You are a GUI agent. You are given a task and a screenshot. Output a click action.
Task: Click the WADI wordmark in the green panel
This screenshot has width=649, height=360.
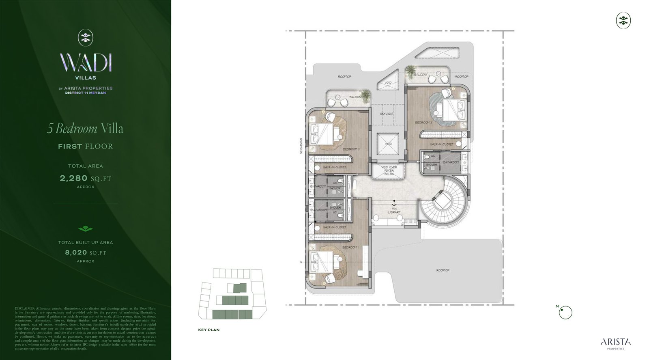(x=86, y=63)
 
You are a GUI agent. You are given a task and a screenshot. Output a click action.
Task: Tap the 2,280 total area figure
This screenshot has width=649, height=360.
(x=74, y=178)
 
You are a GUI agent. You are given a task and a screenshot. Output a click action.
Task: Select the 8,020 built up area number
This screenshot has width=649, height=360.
(x=76, y=252)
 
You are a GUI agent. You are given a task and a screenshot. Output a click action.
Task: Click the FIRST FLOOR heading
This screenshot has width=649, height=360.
(x=85, y=146)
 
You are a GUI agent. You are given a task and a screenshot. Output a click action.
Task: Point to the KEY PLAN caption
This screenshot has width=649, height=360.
(x=209, y=330)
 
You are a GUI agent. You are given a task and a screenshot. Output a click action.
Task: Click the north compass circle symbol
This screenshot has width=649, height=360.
(x=565, y=313)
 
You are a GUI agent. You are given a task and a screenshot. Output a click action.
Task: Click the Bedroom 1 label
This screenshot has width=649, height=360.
(x=350, y=247)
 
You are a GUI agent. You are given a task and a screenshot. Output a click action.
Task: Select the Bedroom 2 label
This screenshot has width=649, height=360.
(x=351, y=149)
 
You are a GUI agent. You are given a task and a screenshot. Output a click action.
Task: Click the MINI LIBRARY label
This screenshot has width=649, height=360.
(x=394, y=210)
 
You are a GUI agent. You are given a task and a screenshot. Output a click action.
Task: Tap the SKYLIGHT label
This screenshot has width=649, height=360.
(x=387, y=114)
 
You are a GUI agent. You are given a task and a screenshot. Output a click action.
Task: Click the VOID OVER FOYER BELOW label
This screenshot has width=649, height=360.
(x=389, y=170)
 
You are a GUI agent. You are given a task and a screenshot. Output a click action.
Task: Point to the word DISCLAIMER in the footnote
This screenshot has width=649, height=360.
(x=25, y=308)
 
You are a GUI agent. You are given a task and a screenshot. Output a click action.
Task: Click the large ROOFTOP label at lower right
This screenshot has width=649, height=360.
(x=443, y=270)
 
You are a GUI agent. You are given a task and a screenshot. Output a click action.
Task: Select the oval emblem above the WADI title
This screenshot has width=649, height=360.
(x=85, y=37)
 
